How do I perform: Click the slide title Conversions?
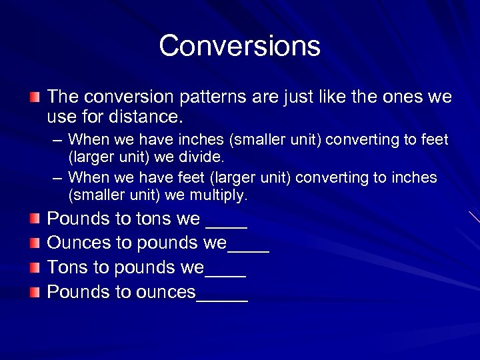[240, 46]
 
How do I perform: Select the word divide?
[202, 158]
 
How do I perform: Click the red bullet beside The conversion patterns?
[35, 98]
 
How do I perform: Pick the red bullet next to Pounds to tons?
[35, 219]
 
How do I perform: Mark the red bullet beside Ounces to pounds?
[35, 243]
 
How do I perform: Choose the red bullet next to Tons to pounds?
[35, 267]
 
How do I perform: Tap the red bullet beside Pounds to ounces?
[35, 292]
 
